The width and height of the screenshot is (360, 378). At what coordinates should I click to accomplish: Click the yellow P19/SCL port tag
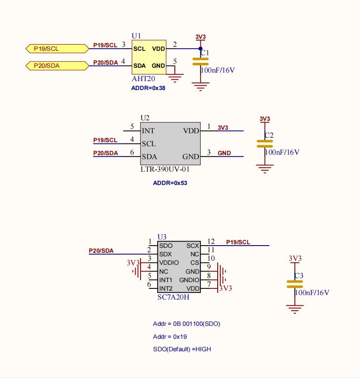click(57, 49)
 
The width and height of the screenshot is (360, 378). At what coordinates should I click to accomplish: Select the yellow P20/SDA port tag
click(57, 66)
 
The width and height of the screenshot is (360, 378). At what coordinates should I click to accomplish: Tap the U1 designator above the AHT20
click(136, 36)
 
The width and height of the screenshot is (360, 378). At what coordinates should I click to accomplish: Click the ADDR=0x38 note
click(148, 88)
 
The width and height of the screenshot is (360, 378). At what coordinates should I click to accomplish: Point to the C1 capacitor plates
click(200, 62)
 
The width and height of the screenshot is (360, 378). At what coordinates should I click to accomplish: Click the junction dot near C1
click(200, 49)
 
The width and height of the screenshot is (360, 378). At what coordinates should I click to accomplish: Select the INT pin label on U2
click(148, 131)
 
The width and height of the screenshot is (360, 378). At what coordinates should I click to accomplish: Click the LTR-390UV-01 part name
click(165, 169)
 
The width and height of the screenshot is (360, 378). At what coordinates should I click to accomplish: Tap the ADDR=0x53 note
click(170, 183)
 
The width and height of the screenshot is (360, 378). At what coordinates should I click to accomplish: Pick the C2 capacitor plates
click(265, 144)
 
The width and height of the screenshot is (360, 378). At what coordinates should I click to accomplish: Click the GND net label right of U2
click(224, 153)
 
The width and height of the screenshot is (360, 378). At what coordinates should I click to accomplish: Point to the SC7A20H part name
click(173, 297)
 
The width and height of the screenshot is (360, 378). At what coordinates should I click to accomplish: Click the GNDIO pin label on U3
click(189, 280)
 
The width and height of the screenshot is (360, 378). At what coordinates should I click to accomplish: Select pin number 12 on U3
click(211, 241)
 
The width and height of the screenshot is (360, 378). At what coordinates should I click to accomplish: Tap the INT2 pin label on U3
click(166, 288)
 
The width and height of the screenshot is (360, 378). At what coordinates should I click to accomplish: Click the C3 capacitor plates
click(294, 284)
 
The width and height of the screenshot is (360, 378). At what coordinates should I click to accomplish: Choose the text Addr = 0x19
click(170, 337)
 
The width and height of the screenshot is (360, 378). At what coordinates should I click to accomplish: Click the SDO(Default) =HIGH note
click(182, 349)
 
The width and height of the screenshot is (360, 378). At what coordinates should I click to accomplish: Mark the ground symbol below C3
click(294, 309)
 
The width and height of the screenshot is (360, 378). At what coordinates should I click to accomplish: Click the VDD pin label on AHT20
click(158, 49)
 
